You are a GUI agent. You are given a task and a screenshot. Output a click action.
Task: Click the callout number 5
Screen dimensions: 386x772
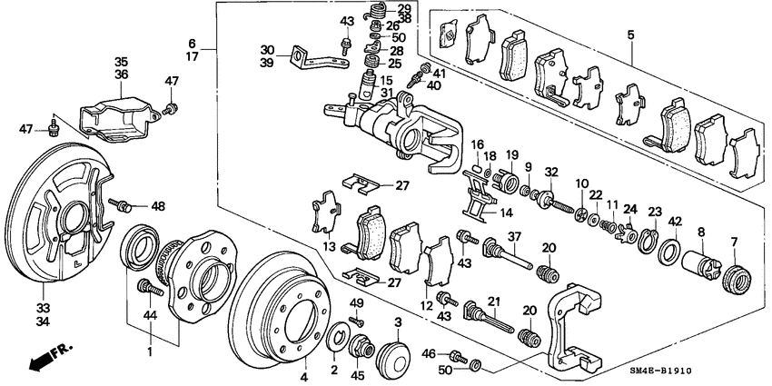[630, 35]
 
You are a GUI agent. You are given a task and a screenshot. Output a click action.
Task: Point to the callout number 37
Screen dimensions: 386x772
[513, 236]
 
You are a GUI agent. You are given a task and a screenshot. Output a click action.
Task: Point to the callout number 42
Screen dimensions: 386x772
[674, 221]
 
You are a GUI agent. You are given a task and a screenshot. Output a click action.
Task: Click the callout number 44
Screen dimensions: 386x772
[150, 315]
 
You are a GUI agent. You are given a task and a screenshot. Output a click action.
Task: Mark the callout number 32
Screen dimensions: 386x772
[550, 172]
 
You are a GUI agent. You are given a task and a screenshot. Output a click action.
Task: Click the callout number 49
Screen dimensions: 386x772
[356, 302]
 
